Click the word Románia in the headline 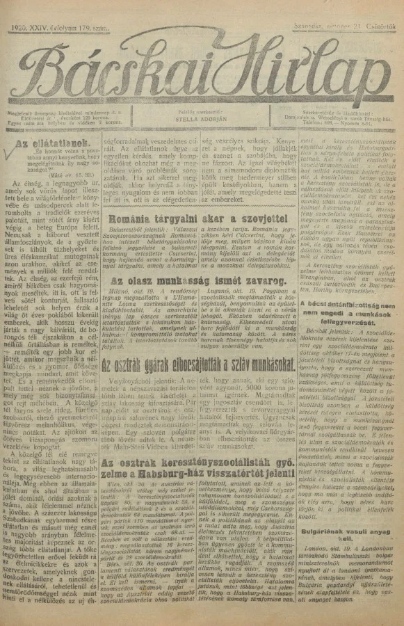coord(129,200)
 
